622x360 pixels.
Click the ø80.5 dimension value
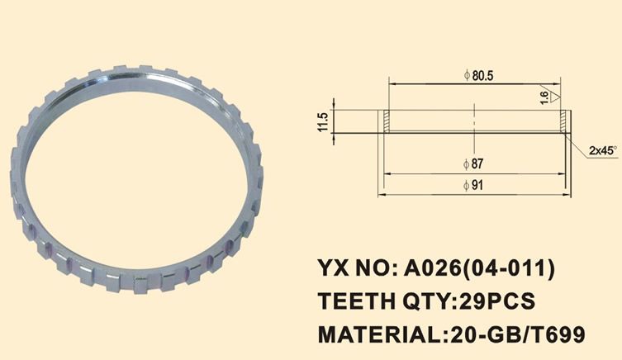click(478, 75)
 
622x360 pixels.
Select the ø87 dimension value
click(478, 162)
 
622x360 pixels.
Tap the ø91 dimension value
click(478, 185)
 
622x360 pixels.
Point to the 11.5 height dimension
click(323, 121)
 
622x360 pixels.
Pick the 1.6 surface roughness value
click(544, 97)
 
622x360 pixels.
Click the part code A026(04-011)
click(478, 268)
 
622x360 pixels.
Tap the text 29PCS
click(495, 301)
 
